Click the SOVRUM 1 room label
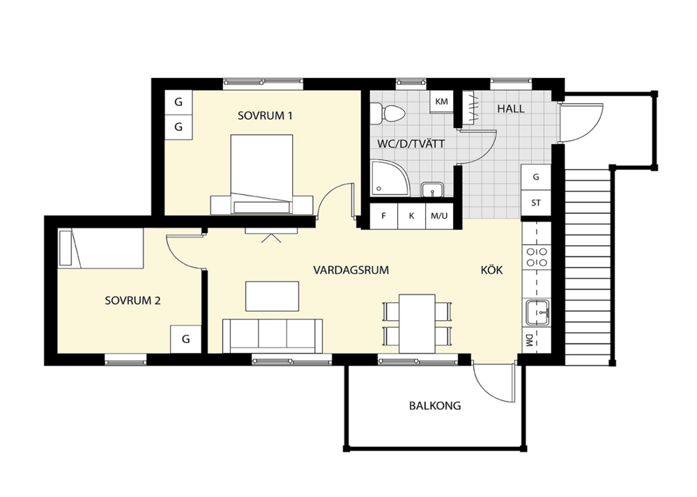(x=265, y=116)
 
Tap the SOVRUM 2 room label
(x=132, y=301)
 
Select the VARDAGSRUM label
(x=351, y=270)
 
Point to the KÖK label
(x=491, y=270)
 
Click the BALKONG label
(x=435, y=406)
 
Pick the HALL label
(x=511, y=109)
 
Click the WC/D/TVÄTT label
(x=411, y=144)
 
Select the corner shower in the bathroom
(x=390, y=178)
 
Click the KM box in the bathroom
(x=441, y=102)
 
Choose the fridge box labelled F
(x=383, y=216)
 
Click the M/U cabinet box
(x=439, y=216)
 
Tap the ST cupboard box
(x=536, y=203)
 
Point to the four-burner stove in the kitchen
(x=537, y=257)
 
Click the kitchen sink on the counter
(x=537, y=313)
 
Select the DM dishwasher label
(x=529, y=340)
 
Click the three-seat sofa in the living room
(x=273, y=336)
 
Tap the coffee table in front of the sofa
(x=272, y=297)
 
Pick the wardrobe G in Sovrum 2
(x=186, y=339)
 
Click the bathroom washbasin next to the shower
(x=432, y=189)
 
